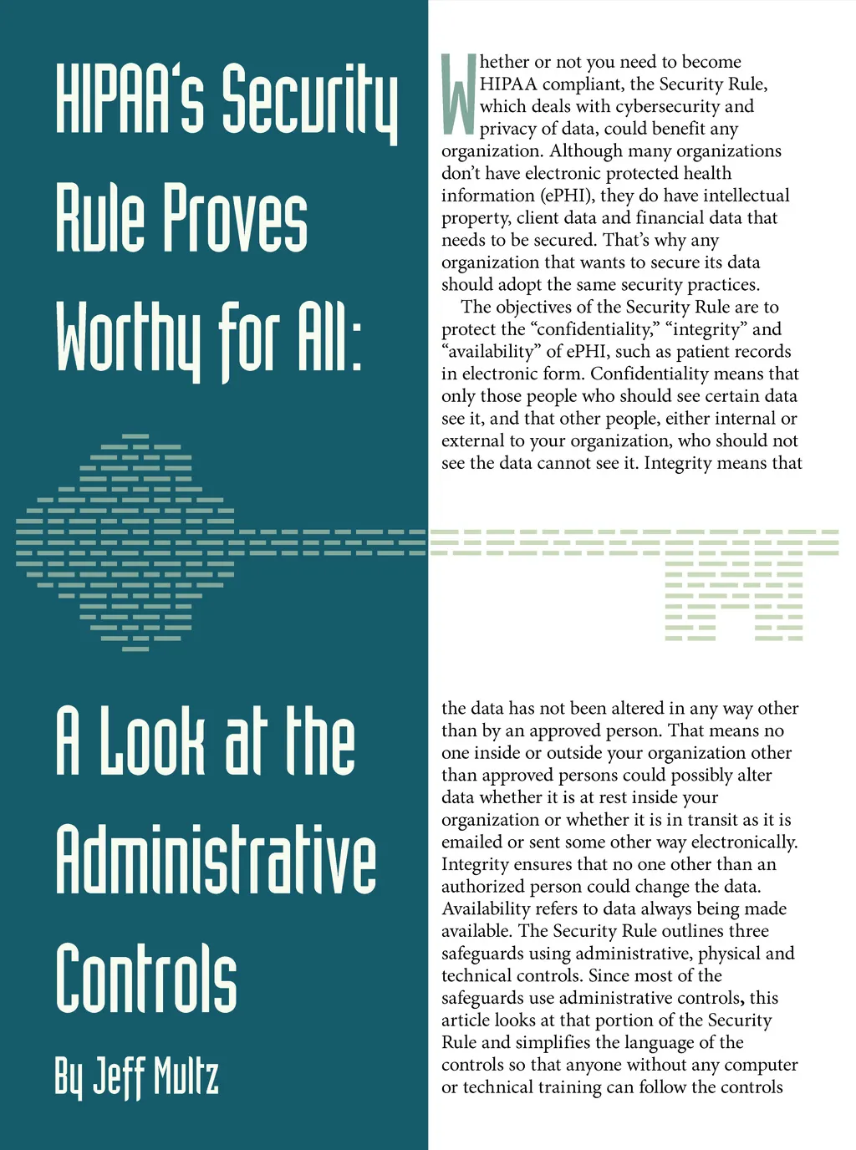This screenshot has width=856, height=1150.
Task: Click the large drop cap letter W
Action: pos(459,94)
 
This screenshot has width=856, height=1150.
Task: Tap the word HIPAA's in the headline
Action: pos(130,99)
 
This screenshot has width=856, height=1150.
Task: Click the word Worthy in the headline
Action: pos(130,338)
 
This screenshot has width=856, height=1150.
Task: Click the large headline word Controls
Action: pos(146,978)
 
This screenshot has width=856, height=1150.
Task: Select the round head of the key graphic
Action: pos(125,542)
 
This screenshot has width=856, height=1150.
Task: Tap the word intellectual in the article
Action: pos(746,196)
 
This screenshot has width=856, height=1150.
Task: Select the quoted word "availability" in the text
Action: pos(492,352)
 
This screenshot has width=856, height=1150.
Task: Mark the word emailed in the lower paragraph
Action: pos(475,842)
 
